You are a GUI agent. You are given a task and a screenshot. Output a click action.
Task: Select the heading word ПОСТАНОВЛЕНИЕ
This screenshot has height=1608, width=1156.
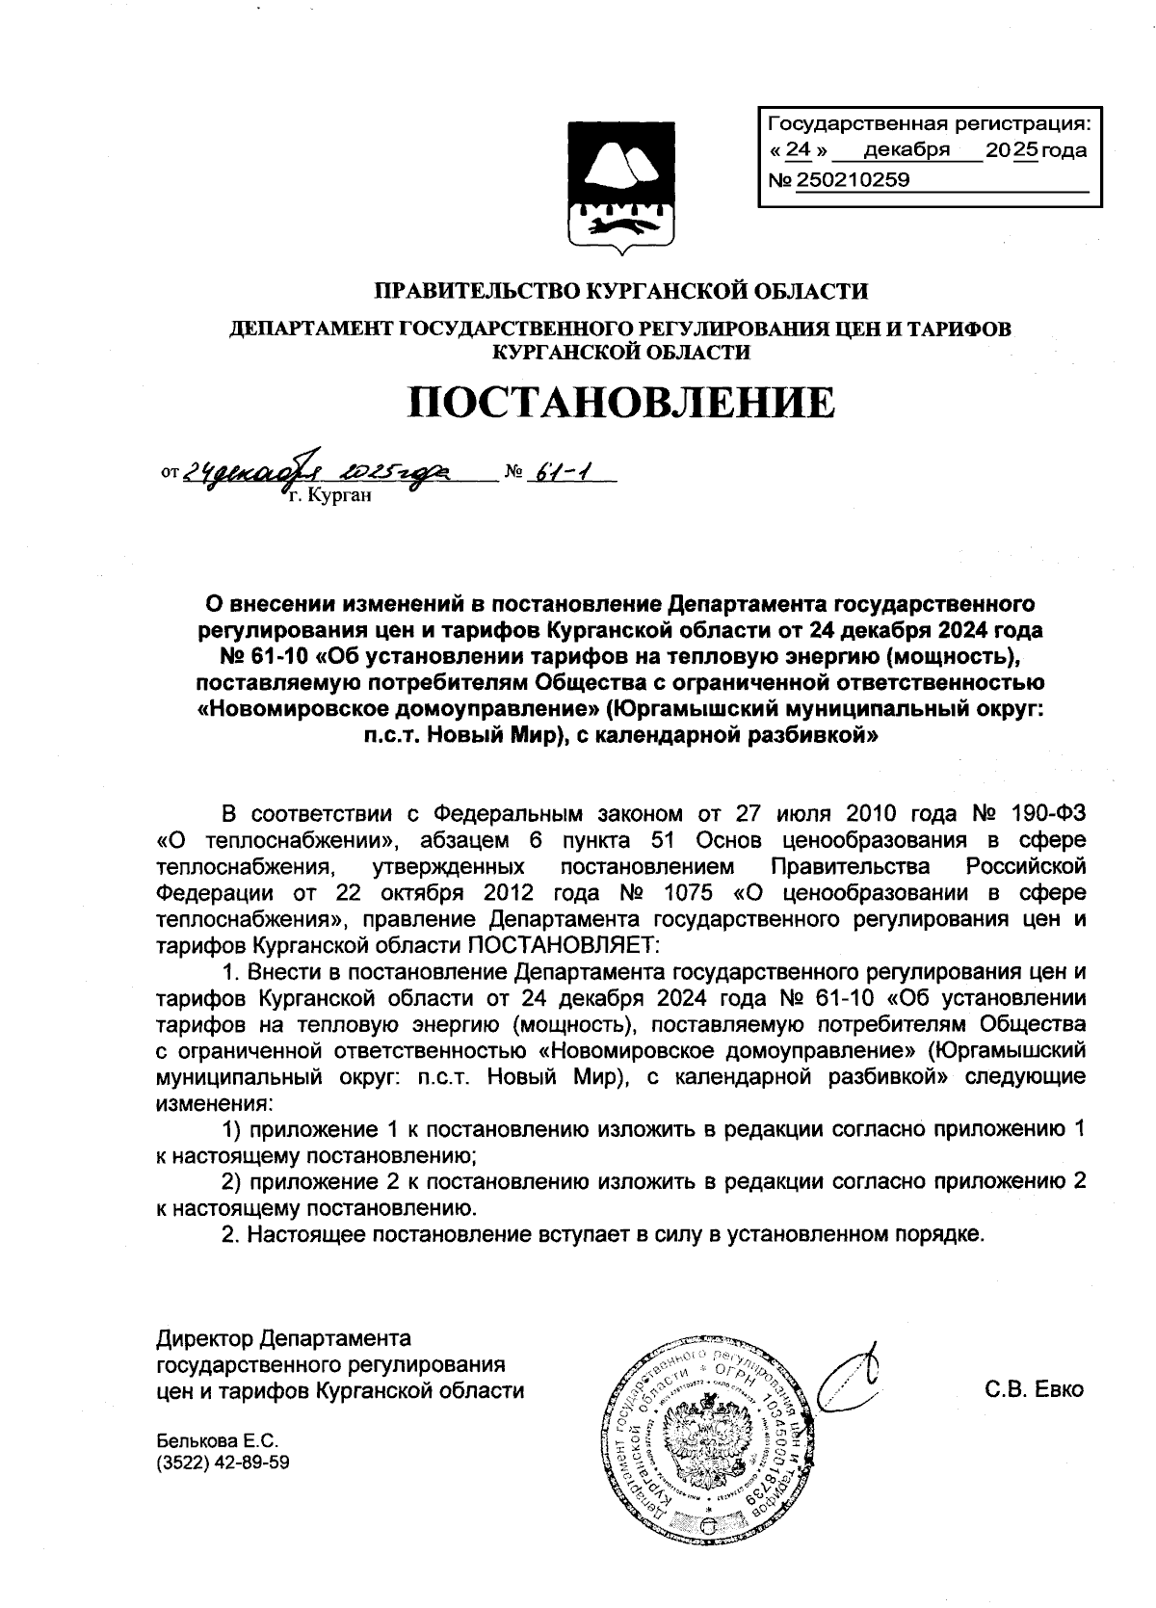[x=620, y=403]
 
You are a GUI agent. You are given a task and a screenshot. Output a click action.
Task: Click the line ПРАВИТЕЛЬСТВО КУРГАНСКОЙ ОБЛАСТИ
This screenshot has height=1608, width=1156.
[x=620, y=290]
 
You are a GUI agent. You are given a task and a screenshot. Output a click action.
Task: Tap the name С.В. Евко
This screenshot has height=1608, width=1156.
[x=1035, y=1390]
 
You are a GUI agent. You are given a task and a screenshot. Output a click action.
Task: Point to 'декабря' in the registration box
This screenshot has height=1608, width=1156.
[x=906, y=150]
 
